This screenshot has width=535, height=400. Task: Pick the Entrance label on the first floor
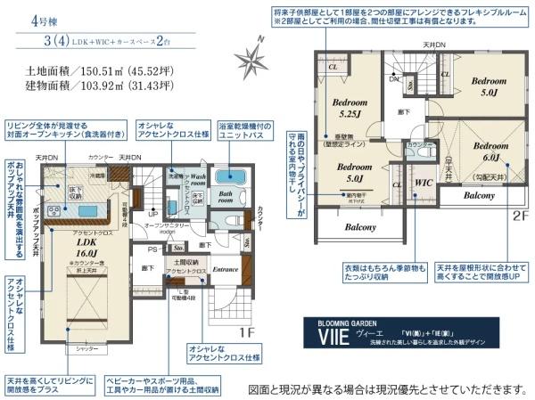point(224,267)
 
